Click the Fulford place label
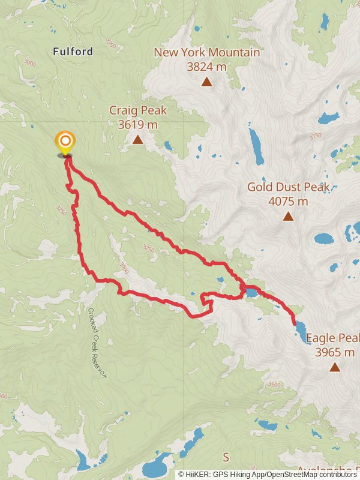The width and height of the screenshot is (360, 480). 73,52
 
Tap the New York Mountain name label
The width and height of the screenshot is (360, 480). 206,52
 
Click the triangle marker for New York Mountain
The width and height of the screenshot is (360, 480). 206,82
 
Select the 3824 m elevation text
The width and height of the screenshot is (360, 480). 206,67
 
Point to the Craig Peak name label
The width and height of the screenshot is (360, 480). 137,110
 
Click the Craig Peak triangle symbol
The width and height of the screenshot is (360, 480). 137,140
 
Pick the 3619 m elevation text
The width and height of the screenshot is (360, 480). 137,125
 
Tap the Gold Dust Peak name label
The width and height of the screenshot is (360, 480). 288,187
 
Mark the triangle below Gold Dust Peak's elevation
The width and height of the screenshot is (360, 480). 288,217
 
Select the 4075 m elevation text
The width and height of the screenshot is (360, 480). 288,202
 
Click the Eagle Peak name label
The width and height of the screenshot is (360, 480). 333,338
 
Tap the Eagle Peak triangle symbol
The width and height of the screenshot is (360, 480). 334,367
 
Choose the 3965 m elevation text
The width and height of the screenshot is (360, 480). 335,352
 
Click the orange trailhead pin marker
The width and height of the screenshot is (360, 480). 65,143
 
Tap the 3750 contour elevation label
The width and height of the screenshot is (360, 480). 316,137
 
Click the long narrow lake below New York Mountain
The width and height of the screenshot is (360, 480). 256,145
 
